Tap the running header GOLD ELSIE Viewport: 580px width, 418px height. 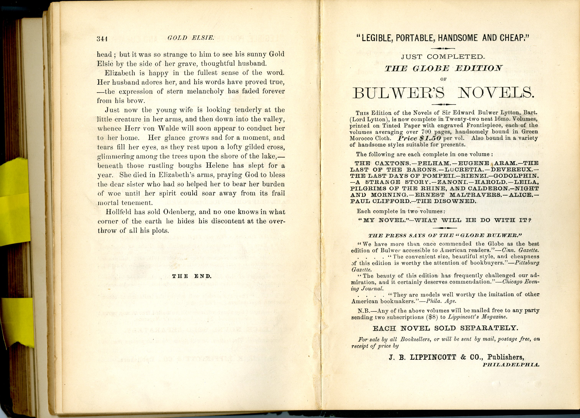pyautogui.click(x=191, y=38)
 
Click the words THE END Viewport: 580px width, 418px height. pyautogui.click(x=192, y=276)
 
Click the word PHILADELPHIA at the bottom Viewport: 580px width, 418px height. pyautogui.click(x=511, y=365)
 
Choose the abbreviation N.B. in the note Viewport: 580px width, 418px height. pyautogui.click(x=363, y=311)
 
